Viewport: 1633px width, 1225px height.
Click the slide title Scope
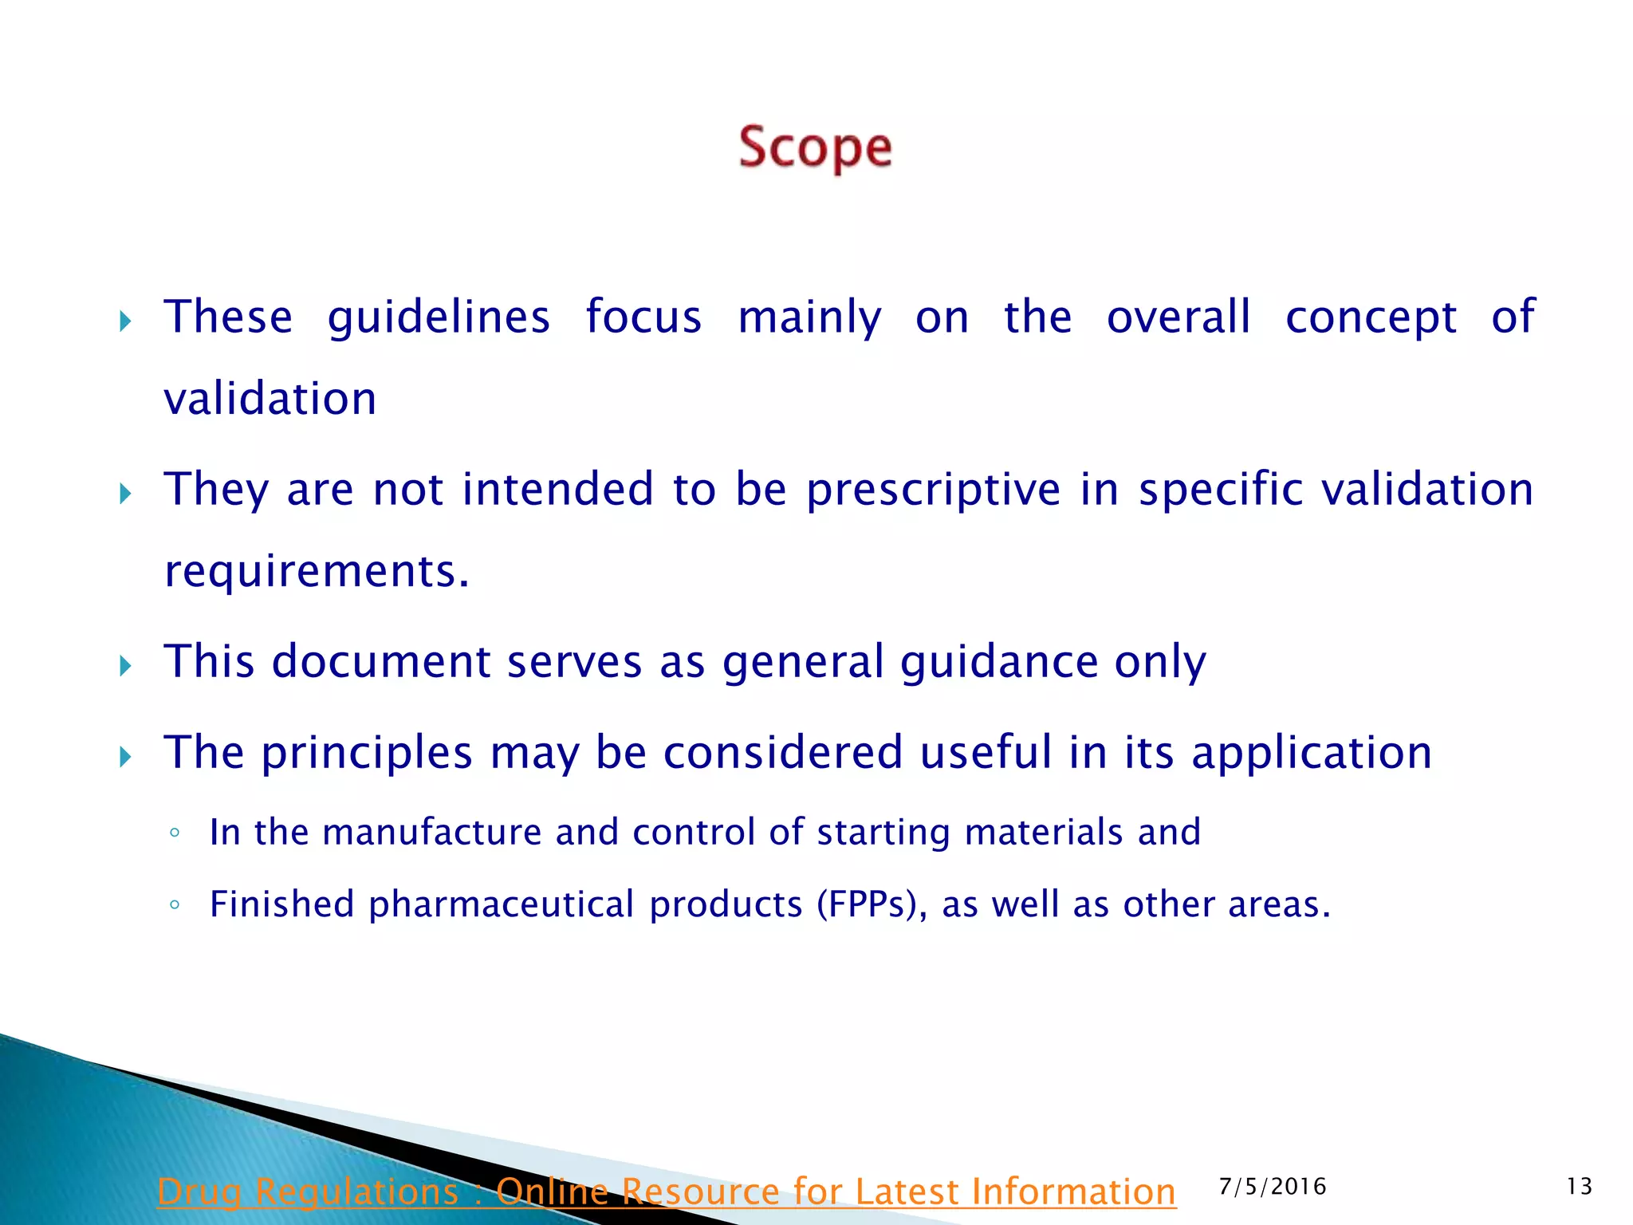[x=815, y=148]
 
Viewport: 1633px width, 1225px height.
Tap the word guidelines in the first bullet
[x=439, y=318]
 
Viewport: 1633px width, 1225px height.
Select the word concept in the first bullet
[x=1371, y=318]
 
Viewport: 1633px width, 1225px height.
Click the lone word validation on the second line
[x=270, y=399]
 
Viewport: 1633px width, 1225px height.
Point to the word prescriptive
[x=933, y=490]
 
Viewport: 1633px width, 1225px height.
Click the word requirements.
[x=317, y=572]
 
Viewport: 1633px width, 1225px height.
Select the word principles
[x=367, y=754]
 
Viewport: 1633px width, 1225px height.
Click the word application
[x=1312, y=754]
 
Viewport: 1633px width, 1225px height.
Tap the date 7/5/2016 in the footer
[x=1273, y=1187]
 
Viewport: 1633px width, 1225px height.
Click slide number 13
[x=1579, y=1187]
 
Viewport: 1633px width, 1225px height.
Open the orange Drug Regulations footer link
[x=666, y=1192]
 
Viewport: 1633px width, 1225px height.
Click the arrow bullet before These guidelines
[x=125, y=322]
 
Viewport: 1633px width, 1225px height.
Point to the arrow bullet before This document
[x=125, y=666]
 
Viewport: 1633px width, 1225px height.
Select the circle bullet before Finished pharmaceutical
[x=175, y=905]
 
